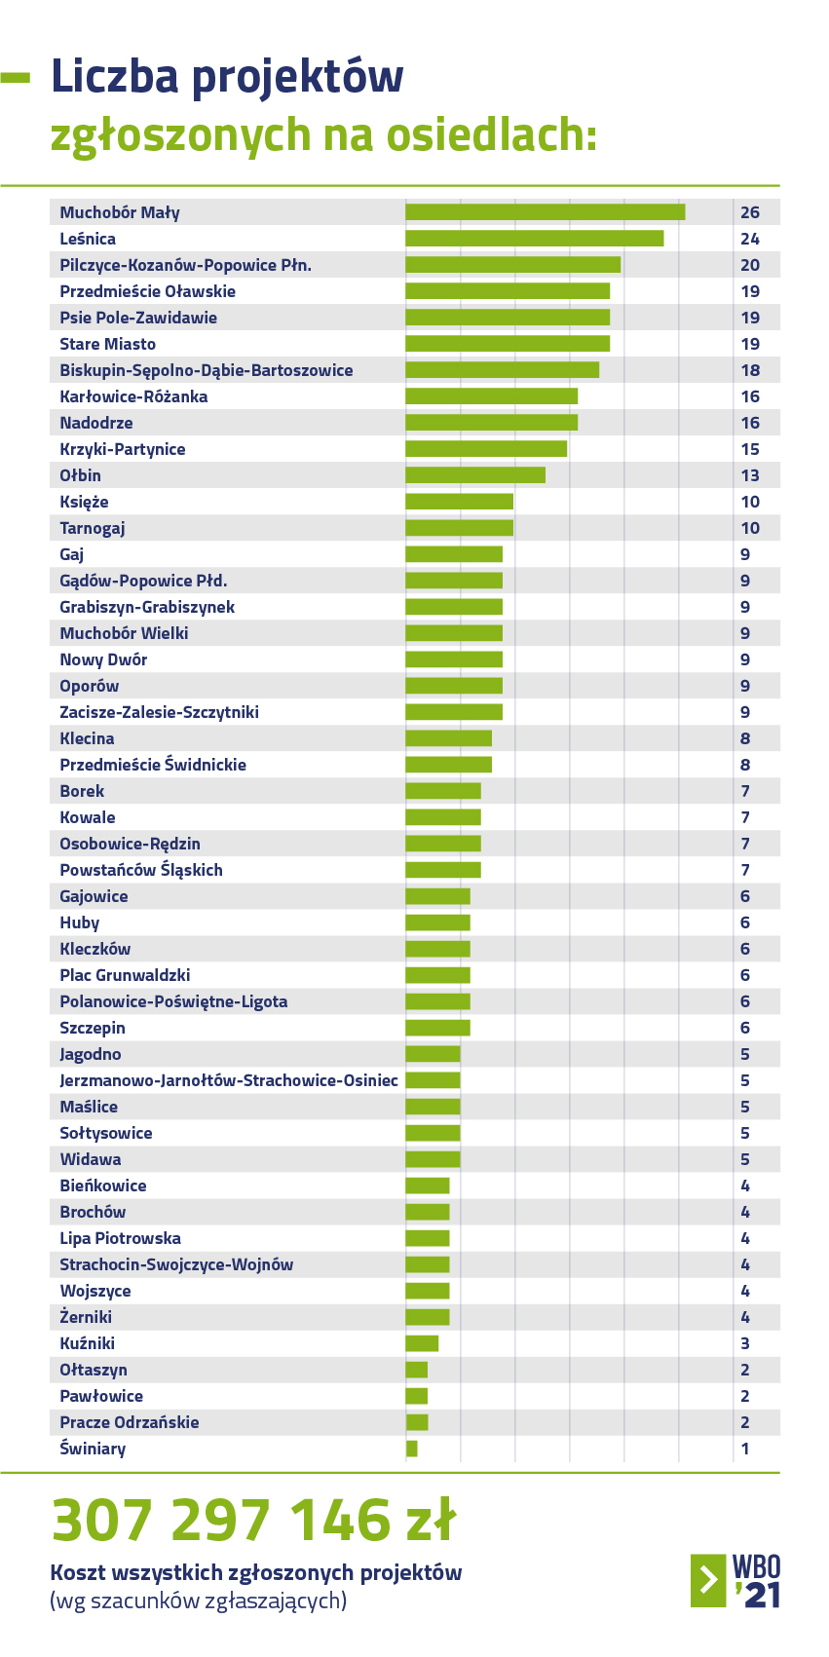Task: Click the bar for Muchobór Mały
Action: pyautogui.click(x=545, y=212)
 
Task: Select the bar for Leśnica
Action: pyautogui.click(x=534, y=239)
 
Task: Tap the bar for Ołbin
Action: pyautogui.click(x=475, y=475)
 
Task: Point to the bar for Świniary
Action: pyautogui.click(x=412, y=1449)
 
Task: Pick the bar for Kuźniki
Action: pyautogui.click(x=422, y=1343)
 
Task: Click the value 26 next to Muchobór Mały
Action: pyautogui.click(x=749, y=212)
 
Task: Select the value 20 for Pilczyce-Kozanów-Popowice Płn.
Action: pyautogui.click(x=749, y=265)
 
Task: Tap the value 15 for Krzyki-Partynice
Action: pyautogui.click(x=749, y=449)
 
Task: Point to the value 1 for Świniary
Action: pyautogui.click(x=745, y=1449)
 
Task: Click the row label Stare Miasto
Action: pyautogui.click(x=107, y=344)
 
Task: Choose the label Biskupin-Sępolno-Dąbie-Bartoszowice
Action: pyautogui.click(x=206, y=370)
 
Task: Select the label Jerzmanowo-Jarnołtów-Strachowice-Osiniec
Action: pyautogui.click(x=228, y=1080)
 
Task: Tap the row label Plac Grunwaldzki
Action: pyautogui.click(x=125, y=975)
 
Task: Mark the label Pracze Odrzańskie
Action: pyautogui.click(x=129, y=1422)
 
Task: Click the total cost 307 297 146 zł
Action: pyautogui.click(x=253, y=1520)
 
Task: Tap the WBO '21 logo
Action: pyautogui.click(x=735, y=1580)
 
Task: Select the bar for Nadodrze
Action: pyautogui.click(x=491, y=423)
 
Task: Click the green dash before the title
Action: pyautogui.click(x=16, y=78)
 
